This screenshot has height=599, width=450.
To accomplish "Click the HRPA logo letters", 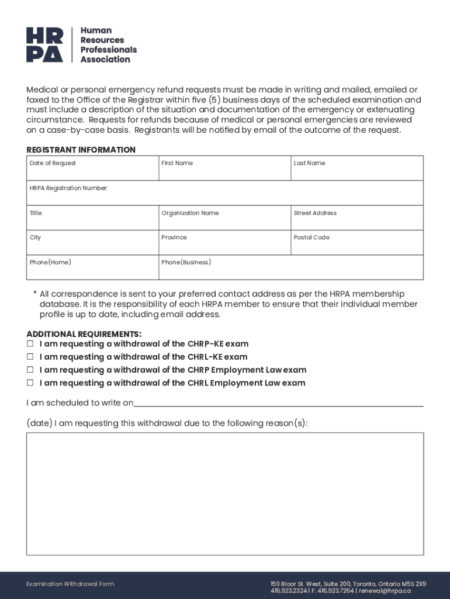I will tap(44, 45).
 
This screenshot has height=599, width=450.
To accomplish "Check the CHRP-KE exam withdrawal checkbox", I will tap(30, 344).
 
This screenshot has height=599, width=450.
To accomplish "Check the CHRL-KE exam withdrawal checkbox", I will tap(30, 357).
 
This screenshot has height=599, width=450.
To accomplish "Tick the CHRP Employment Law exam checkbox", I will tap(30, 370).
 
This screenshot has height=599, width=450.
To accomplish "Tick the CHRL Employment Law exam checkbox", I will tap(30, 383).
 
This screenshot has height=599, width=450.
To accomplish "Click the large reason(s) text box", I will tap(224, 493).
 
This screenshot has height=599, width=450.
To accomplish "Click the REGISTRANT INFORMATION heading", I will tap(81, 150).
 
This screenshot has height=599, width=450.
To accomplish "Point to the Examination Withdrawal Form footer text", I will tap(70, 584).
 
